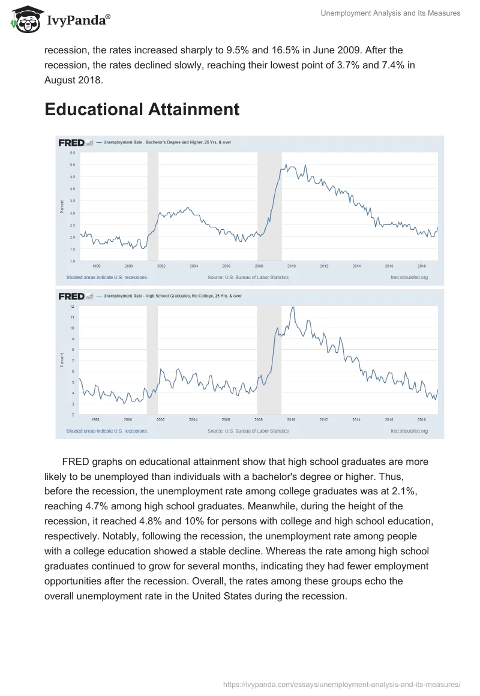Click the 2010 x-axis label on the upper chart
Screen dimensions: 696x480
click(291, 265)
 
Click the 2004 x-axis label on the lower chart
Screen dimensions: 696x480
click(194, 419)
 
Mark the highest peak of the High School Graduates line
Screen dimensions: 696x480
click(292, 307)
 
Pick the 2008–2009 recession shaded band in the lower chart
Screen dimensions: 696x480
click(269, 360)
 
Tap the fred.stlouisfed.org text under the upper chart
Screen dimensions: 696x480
click(409, 278)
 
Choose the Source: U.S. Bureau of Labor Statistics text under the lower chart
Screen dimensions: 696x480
click(248, 431)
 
